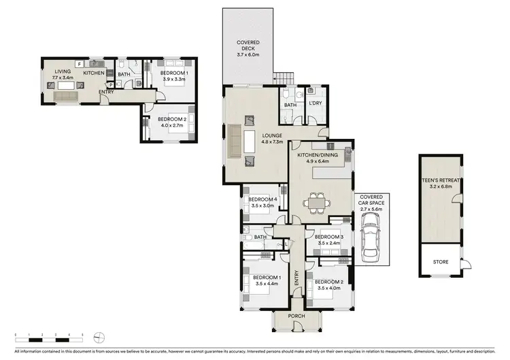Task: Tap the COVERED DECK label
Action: [248, 43]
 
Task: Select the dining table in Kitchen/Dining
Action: [318, 201]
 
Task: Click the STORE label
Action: [440, 261]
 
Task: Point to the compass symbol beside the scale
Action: [100, 335]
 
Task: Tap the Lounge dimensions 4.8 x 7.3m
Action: [272, 142]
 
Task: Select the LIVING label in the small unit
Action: [53, 72]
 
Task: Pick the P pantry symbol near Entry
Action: [111, 85]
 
